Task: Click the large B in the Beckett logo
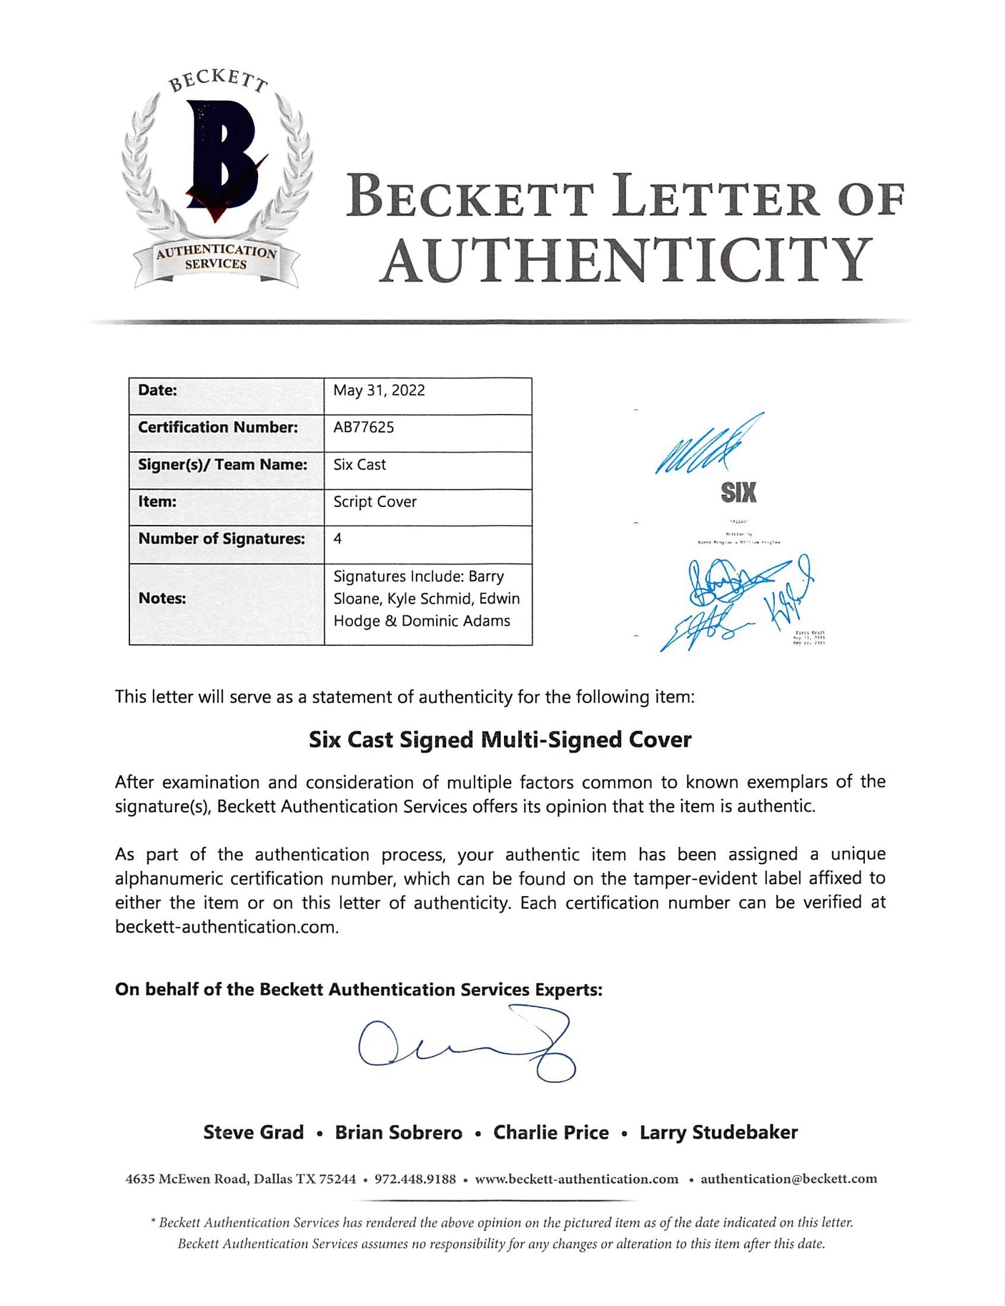(218, 156)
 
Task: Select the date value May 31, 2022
(379, 391)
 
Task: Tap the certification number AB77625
(364, 428)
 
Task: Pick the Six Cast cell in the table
(360, 465)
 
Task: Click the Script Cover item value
(375, 502)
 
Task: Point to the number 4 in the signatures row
(337, 539)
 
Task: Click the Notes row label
(162, 599)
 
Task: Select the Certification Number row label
(217, 428)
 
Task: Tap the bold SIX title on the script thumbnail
(738, 492)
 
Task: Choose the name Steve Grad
(253, 1132)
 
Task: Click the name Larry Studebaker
(718, 1132)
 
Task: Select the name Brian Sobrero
(398, 1132)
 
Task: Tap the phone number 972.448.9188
(415, 1179)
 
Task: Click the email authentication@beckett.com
(788, 1179)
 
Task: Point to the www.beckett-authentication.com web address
(576, 1179)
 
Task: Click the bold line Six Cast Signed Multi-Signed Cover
(500, 740)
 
